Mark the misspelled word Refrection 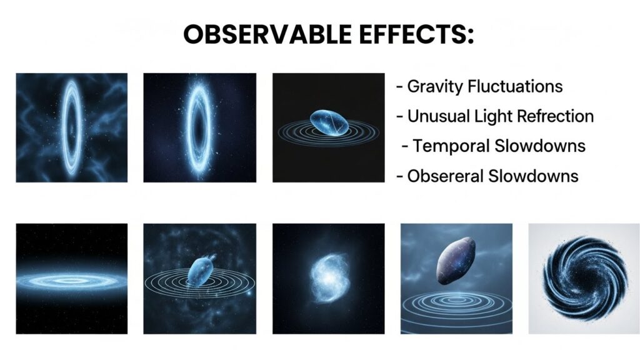[559, 116]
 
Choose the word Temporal [451, 146]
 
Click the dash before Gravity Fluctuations [399, 87]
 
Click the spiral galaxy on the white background [584, 279]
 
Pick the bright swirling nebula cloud [327, 279]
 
